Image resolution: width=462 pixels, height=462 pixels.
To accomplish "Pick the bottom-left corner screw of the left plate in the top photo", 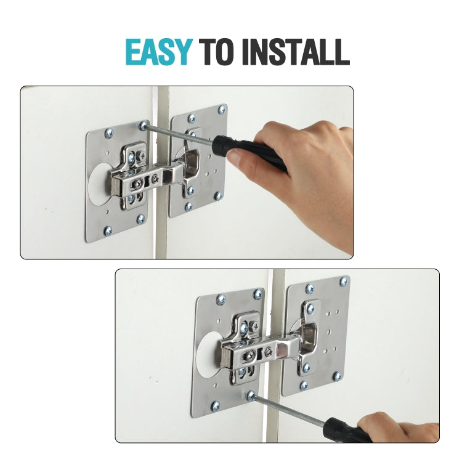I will [108, 230].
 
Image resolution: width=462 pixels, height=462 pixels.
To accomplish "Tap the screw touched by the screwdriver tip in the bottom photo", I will [251, 394].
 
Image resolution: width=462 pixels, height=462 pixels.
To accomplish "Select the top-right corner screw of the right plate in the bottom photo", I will [344, 282].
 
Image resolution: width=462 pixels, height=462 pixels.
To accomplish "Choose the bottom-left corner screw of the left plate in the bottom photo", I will [215, 405].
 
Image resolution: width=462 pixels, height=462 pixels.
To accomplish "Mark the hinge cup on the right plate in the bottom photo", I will [309, 339].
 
